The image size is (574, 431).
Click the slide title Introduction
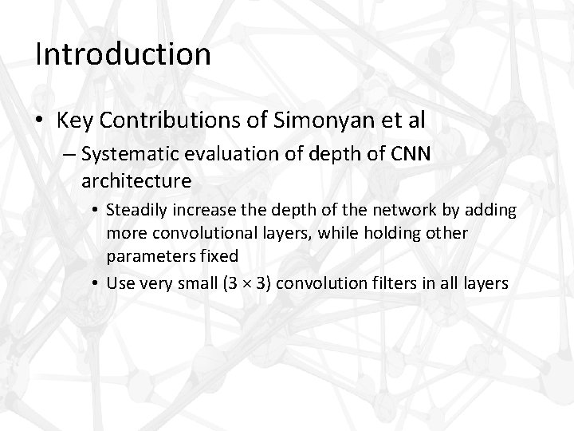point(124,54)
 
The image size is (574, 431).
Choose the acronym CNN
point(411,154)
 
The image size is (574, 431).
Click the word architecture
point(136,180)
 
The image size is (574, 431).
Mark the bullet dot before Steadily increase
point(95,212)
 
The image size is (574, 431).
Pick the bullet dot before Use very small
point(95,283)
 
